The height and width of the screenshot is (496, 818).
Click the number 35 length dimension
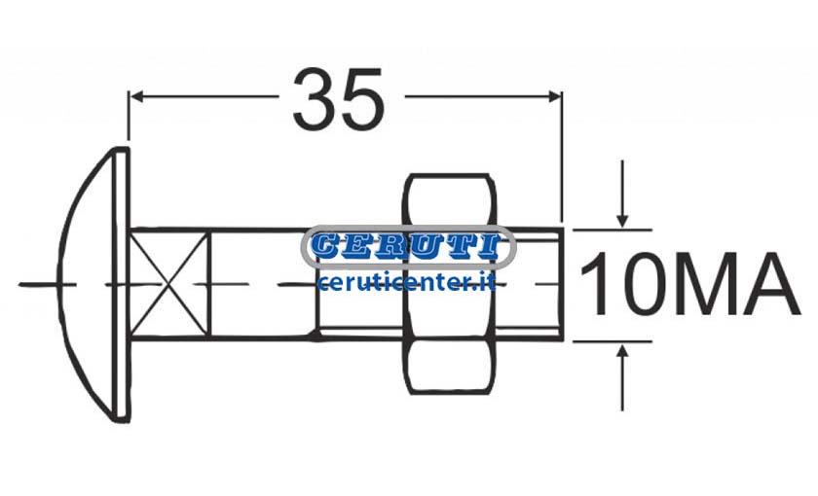[x=339, y=98]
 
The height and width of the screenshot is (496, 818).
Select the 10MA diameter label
[x=689, y=284]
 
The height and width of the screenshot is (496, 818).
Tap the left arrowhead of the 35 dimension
[x=136, y=96]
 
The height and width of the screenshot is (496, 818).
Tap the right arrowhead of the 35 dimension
[x=553, y=96]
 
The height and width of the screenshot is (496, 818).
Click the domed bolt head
[x=93, y=284]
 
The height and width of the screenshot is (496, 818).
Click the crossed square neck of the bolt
[x=169, y=284]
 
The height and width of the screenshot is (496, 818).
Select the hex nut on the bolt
[x=449, y=283]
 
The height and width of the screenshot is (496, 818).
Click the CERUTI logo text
[x=408, y=246]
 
